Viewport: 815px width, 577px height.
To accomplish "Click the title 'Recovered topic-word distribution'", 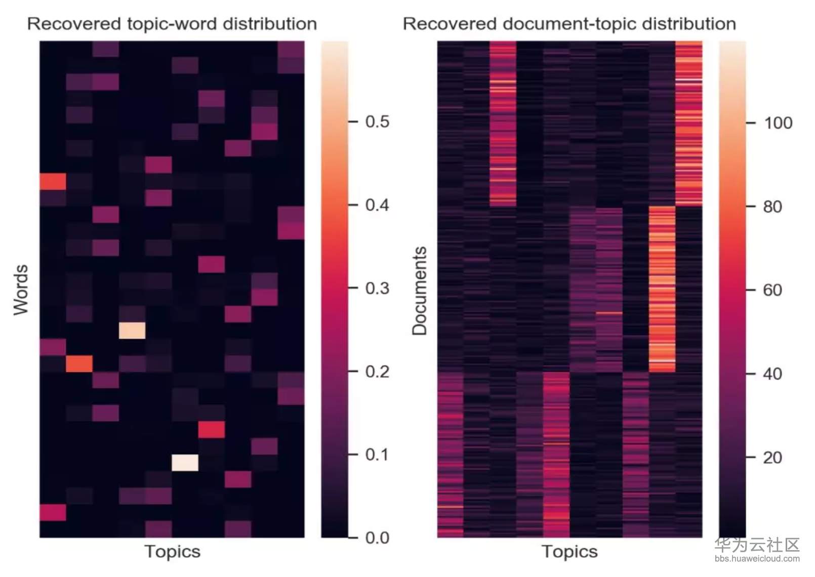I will tap(172, 24).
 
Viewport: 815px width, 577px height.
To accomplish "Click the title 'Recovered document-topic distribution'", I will tap(569, 24).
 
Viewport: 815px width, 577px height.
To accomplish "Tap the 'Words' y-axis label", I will tap(21, 290).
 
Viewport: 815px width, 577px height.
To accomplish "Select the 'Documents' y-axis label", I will tap(419, 291).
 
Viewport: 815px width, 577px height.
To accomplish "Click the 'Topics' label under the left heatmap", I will tap(172, 551).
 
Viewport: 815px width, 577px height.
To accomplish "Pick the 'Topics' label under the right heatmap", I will tap(569, 551).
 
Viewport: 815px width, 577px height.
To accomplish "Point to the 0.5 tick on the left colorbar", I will tap(377, 122).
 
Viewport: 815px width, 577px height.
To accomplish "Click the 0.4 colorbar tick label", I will tap(377, 205).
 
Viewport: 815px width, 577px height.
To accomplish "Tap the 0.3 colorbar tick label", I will tap(377, 288).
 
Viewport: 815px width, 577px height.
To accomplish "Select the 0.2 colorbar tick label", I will tap(377, 372).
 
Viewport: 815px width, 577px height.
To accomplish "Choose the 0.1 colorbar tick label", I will tap(377, 455).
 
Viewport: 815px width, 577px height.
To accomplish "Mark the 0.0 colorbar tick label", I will tap(377, 538).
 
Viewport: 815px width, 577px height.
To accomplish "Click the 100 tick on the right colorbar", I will tap(778, 123).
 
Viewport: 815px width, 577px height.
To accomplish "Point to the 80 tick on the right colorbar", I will tap(772, 207).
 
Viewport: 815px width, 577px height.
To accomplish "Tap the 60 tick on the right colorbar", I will tap(772, 290).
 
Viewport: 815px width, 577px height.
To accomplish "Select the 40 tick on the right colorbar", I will tap(772, 374).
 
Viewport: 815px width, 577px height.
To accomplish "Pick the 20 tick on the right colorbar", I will tap(772, 458).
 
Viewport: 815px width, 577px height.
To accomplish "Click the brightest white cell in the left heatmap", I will tap(185, 463).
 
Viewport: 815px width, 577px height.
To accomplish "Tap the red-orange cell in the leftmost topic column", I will tap(53, 181).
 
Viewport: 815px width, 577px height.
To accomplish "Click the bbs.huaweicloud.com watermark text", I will tap(757, 559).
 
